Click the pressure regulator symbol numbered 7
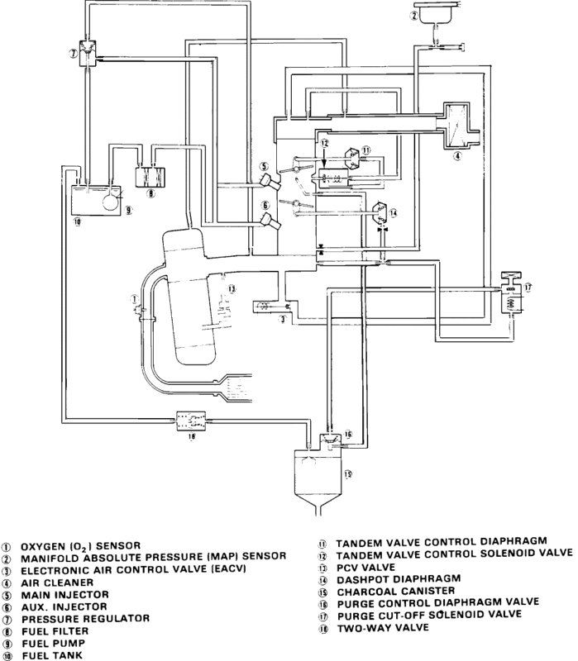coord(88,53)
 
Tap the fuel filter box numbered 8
coord(150,177)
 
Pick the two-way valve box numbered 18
coord(191,421)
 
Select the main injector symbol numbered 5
coord(270,182)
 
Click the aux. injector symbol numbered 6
coord(270,222)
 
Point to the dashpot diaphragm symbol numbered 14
coord(381,212)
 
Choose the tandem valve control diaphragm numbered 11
coord(354,157)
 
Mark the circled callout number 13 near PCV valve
coord(232,288)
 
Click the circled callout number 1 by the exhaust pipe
coord(134,299)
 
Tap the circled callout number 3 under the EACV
coord(283,319)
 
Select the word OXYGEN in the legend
coord(43,546)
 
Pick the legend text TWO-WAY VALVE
coord(383,628)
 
